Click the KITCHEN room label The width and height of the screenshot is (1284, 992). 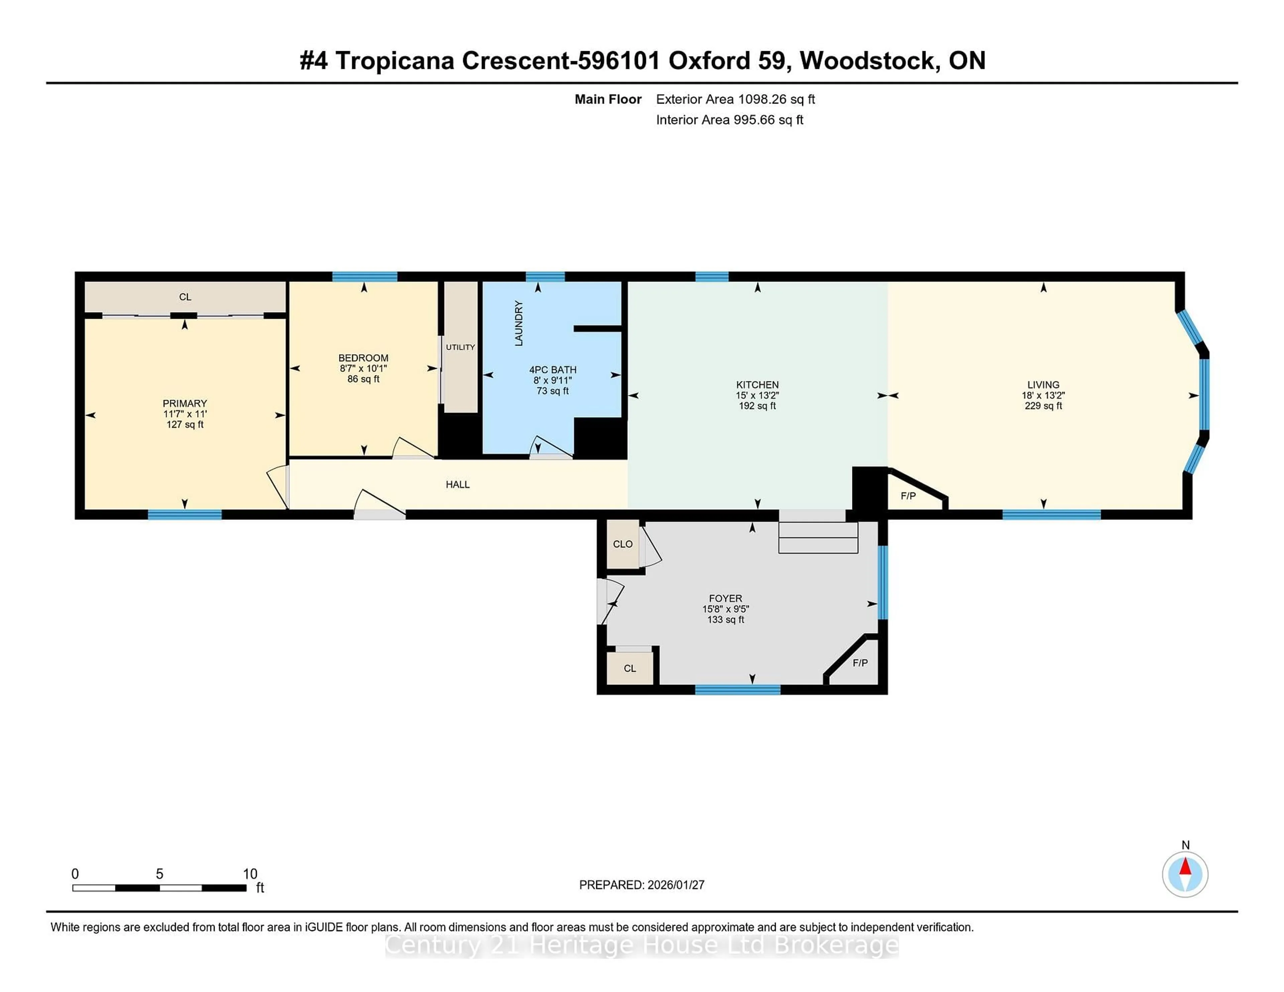[757, 385]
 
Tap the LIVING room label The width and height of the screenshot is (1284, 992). [1043, 385]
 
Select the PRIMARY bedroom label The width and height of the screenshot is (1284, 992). [185, 403]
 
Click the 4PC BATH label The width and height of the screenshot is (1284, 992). [553, 370]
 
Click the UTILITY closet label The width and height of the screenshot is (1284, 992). [460, 347]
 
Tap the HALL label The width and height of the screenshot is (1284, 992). [457, 484]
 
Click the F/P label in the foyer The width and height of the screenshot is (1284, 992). [860, 663]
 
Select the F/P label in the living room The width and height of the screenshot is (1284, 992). [908, 496]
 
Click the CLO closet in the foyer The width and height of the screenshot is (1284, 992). [623, 544]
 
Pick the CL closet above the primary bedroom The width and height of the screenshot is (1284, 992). [185, 297]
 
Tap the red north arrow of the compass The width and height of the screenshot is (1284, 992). [1185, 867]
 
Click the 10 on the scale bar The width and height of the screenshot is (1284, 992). [250, 874]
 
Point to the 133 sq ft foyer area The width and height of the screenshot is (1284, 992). [726, 619]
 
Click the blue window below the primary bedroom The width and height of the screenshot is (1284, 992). [185, 515]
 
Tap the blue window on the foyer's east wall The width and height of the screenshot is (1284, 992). [882, 582]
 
